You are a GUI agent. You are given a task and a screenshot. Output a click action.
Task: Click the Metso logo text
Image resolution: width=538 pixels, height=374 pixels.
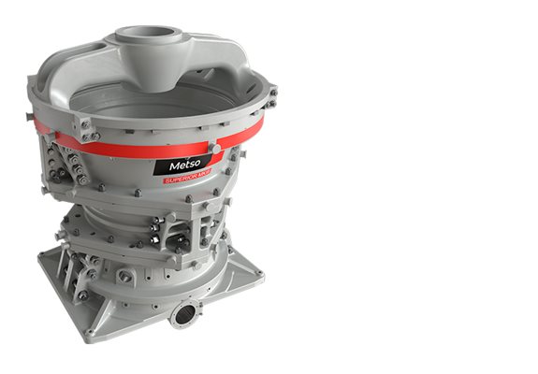click(184, 165)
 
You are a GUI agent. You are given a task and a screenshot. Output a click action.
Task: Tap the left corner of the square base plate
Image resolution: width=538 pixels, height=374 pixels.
click(43, 261)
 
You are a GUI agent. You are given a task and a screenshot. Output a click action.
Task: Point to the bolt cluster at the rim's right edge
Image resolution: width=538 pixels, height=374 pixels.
click(269, 93)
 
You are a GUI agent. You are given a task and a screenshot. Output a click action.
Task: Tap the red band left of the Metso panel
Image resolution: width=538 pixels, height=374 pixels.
click(103, 149)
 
